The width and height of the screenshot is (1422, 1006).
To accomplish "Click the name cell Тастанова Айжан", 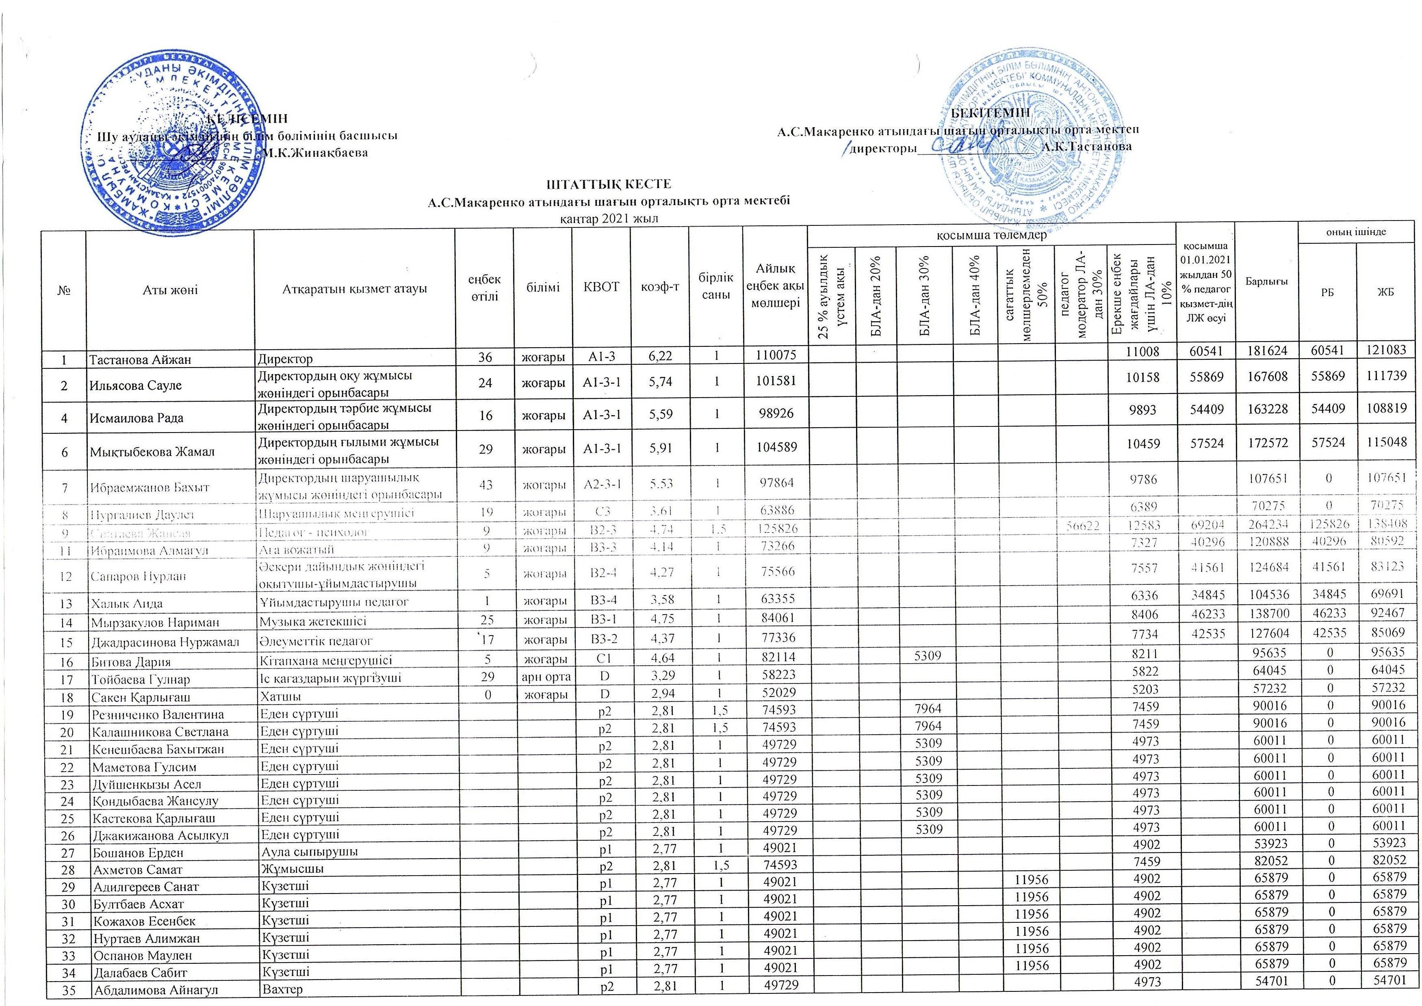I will pyautogui.click(x=140, y=359).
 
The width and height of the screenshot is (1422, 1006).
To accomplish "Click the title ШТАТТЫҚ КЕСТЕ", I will pyautogui.click(x=608, y=184).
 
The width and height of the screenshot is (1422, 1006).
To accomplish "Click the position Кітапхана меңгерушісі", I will pyautogui.click(x=325, y=661).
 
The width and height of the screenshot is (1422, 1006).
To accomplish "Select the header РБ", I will pyautogui.click(x=1327, y=292).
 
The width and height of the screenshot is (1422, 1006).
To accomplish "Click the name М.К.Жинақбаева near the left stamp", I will pyautogui.click(x=315, y=152).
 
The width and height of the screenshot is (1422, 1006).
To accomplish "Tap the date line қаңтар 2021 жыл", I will pyautogui.click(x=607, y=219).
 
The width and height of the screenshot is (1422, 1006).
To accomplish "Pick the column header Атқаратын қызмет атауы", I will pyautogui.click(x=354, y=288).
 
